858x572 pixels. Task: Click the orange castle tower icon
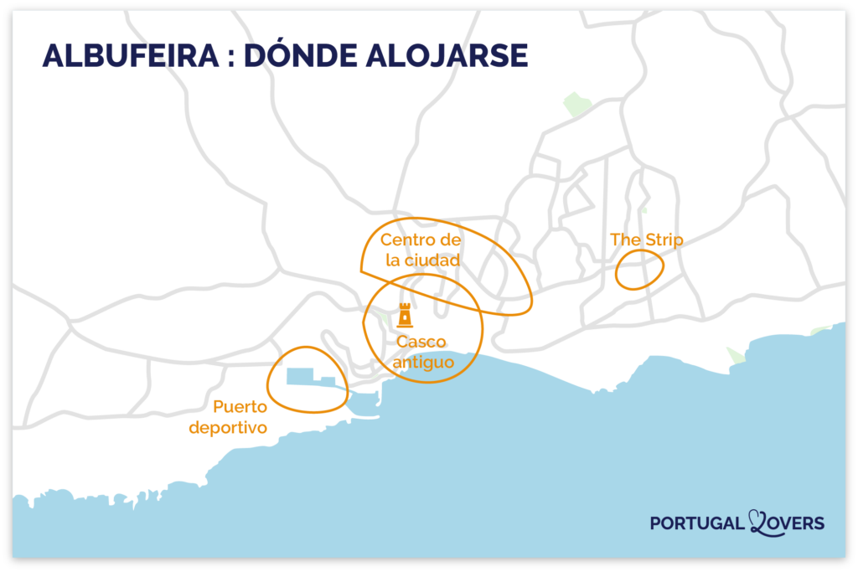tap(405, 316)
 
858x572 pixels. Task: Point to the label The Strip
tap(646, 240)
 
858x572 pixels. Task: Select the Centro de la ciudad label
tap(421, 250)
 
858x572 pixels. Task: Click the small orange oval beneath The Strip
tap(639, 270)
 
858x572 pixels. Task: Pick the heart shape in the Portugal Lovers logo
tap(759, 521)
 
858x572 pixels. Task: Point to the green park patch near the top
tap(576, 105)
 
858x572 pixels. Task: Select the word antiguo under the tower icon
tap(423, 362)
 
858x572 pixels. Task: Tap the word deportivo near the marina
tap(228, 428)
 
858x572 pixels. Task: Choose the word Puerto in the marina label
tap(240, 407)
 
